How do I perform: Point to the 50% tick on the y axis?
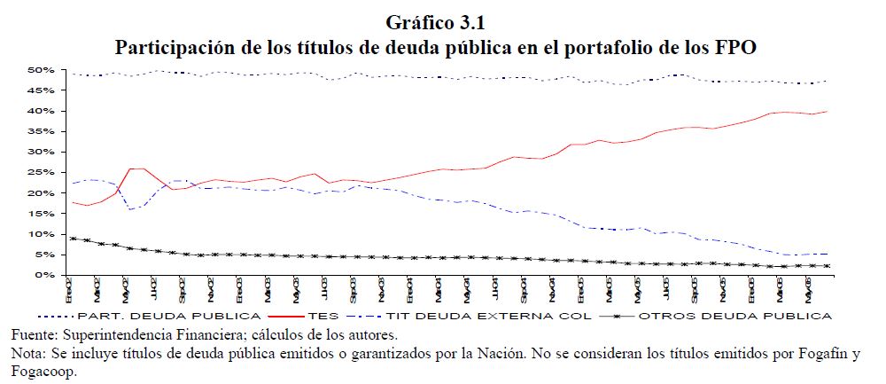43,70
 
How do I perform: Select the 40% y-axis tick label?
43,111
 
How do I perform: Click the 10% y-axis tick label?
43,234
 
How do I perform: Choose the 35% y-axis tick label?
43,131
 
